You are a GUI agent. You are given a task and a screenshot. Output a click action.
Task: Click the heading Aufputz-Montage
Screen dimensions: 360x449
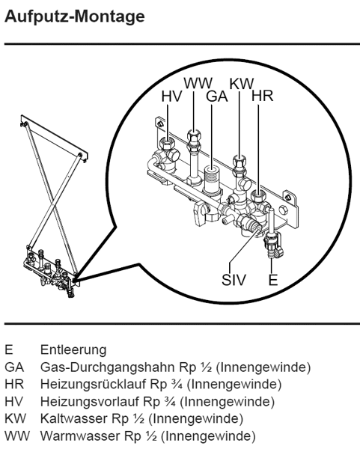pyautogui.click(x=75, y=17)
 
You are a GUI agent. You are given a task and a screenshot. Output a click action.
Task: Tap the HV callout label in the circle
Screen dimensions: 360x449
pyautogui.click(x=171, y=97)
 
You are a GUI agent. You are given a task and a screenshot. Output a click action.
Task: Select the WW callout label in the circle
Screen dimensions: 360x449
pyautogui.click(x=198, y=83)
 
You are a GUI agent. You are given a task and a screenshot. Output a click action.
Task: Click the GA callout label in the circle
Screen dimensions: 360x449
pyautogui.click(x=217, y=97)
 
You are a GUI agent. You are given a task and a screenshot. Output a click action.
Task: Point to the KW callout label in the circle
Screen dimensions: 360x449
pyautogui.click(x=242, y=83)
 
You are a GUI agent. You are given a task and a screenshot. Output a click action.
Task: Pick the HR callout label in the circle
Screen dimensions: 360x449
pyautogui.click(x=263, y=97)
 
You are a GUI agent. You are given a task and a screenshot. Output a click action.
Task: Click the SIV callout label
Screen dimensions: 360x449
pyautogui.click(x=234, y=279)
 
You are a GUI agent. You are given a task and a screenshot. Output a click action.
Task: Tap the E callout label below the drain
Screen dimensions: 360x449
pyautogui.click(x=273, y=279)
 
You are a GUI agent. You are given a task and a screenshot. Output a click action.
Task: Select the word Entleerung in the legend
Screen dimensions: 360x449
pyautogui.click(x=73, y=350)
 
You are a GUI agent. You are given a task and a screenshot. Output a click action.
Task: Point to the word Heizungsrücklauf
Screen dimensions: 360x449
pyautogui.click(x=94, y=385)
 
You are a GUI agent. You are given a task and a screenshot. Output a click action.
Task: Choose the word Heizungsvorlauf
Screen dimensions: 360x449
pyautogui.click(x=90, y=401)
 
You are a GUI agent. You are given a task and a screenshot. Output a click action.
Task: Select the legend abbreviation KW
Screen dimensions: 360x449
pyautogui.click(x=15, y=418)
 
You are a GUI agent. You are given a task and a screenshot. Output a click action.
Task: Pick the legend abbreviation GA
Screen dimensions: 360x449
pyautogui.click(x=14, y=367)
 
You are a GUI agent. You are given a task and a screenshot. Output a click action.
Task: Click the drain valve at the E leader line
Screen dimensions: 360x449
pyautogui.click(x=273, y=245)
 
